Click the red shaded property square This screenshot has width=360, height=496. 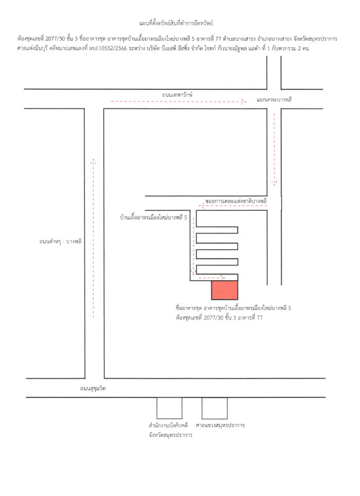(x=224, y=290)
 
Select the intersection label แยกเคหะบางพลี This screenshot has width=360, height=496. (x=274, y=100)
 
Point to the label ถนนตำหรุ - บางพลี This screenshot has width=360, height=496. (x=60, y=241)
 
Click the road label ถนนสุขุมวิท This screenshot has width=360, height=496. (x=92, y=388)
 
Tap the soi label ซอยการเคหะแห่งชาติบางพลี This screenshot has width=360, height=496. (x=236, y=201)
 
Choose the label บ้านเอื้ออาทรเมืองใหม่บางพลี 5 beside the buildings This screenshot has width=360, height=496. (x=153, y=218)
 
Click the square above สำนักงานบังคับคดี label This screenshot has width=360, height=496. (x=169, y=408)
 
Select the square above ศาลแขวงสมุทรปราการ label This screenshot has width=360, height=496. (x=214, y=408)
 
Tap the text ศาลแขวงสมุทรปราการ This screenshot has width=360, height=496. (x=220, y=425)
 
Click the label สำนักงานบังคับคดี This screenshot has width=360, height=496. (x=168, y=425)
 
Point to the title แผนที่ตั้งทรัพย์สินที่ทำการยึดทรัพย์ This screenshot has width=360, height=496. (x=176, y=23)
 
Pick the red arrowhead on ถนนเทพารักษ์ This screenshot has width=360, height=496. (x=244, y=102)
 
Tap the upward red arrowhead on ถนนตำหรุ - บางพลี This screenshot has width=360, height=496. (x=93, y=161)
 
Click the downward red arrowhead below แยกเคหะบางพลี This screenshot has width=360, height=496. (x=274, y=183)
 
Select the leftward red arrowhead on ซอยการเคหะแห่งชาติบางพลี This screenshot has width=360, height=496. (x=201, y=206)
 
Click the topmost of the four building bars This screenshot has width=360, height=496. (x=217, y=230)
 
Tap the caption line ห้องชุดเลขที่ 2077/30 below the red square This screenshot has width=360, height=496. (x=219, y=317)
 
